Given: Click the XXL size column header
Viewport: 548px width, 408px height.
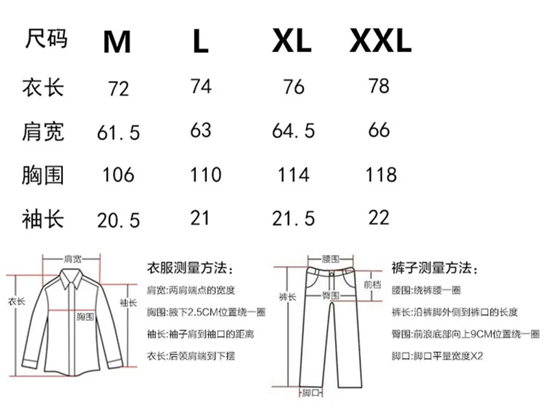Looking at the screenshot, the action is point(380,42).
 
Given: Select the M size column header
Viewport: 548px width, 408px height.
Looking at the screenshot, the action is point(117,43).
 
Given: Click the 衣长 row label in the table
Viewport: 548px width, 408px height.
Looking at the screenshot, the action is point(43,87).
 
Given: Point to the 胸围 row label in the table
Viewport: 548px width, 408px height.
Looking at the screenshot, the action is point(43,174).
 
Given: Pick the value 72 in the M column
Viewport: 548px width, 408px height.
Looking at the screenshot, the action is point(119,88).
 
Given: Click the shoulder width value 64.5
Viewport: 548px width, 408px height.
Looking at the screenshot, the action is point(293,130).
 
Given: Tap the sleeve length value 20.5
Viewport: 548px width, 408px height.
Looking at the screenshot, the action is point(118,219).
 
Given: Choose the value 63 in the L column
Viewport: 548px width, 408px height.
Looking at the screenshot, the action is point(200,130).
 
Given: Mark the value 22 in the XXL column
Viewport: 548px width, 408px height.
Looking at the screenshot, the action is point(378,217).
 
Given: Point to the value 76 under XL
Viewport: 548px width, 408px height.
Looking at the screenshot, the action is point(293,88).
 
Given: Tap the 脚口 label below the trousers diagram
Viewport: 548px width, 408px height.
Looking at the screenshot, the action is point(312,393).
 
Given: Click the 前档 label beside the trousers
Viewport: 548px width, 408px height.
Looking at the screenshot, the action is point(371,284).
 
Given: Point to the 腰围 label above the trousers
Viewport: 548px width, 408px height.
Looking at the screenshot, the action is point(331,259).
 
